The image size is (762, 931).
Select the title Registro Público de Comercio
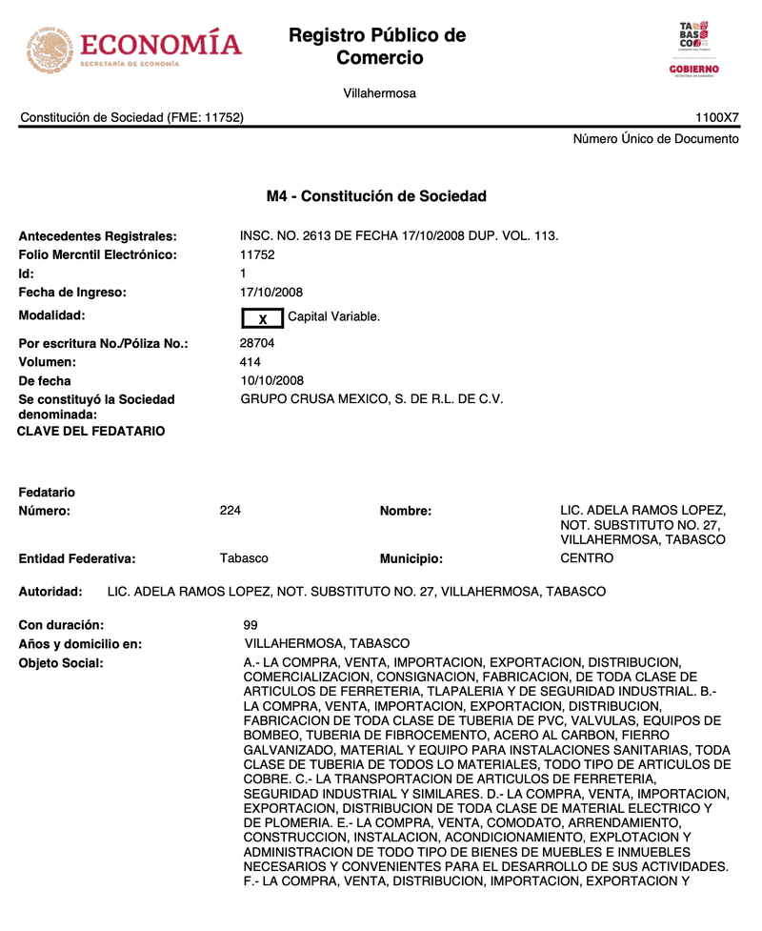click(377, 47)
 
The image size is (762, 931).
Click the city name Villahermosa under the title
click(379, 93)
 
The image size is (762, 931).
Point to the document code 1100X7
click(716, 118)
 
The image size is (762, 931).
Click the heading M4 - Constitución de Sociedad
click(376, 196)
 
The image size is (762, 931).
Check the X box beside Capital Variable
click(263, 318)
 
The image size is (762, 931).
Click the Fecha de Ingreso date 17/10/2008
click(271, 293)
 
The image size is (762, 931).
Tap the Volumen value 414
click(251, 362)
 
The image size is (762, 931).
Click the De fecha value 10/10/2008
click(271, 381)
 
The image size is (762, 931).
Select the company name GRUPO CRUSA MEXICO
click(371, 399)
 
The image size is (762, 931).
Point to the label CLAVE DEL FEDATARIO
click(91, 432)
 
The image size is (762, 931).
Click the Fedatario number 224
click(231, 511)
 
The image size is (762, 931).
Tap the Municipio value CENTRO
click(587, 558)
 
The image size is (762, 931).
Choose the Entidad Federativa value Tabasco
click(244, 558)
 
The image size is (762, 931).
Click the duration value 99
click(251, 625)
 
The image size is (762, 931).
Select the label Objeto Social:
click(61, 663)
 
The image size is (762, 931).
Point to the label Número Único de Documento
click(655, 139)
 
